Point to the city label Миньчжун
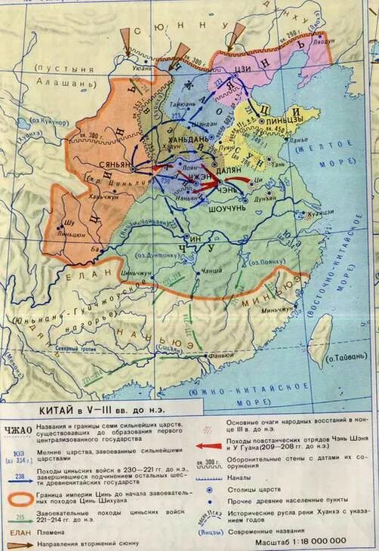(277, 308)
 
